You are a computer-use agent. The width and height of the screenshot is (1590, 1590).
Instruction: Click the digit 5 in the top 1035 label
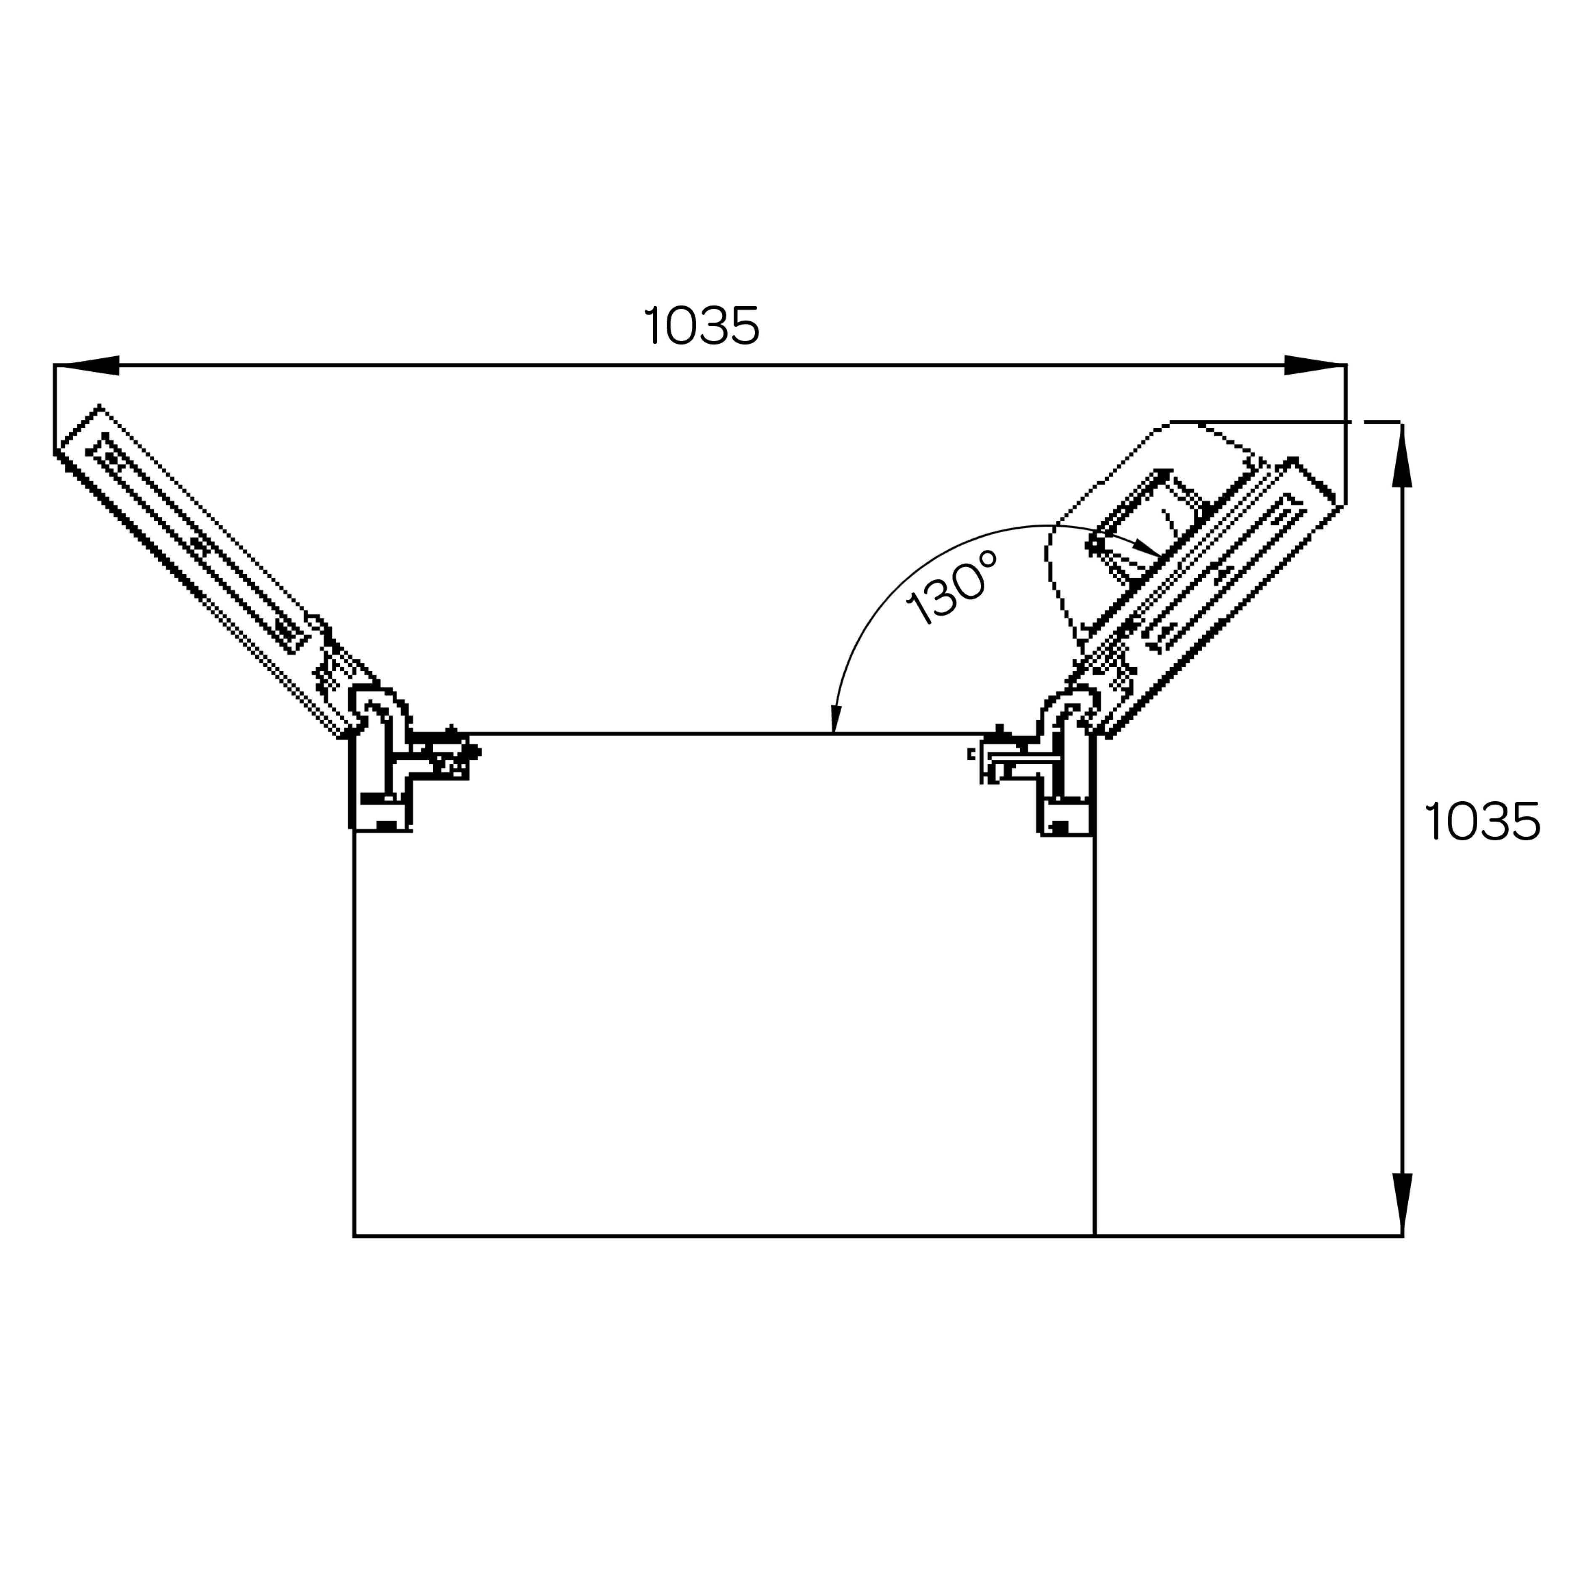click(x=745, y=326)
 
